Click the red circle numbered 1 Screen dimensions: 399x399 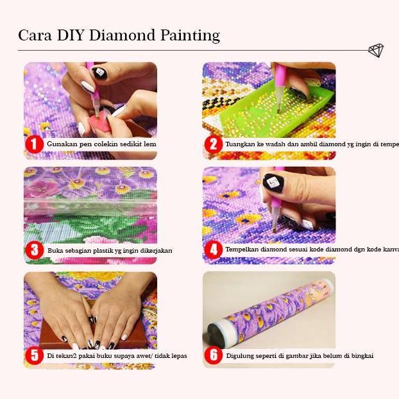pos(34,144)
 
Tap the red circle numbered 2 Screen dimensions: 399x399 pos(214,145)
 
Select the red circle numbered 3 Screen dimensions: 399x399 pos(35,250)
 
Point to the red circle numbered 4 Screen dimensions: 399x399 pos(214,250)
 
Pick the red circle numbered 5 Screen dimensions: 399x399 pos(34,355)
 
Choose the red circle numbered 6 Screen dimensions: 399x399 pos(214,355)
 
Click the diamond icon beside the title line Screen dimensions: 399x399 pos(376,51)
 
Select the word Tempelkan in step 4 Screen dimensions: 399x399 pos(244,250)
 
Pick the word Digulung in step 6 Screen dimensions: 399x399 pos(241,355)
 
